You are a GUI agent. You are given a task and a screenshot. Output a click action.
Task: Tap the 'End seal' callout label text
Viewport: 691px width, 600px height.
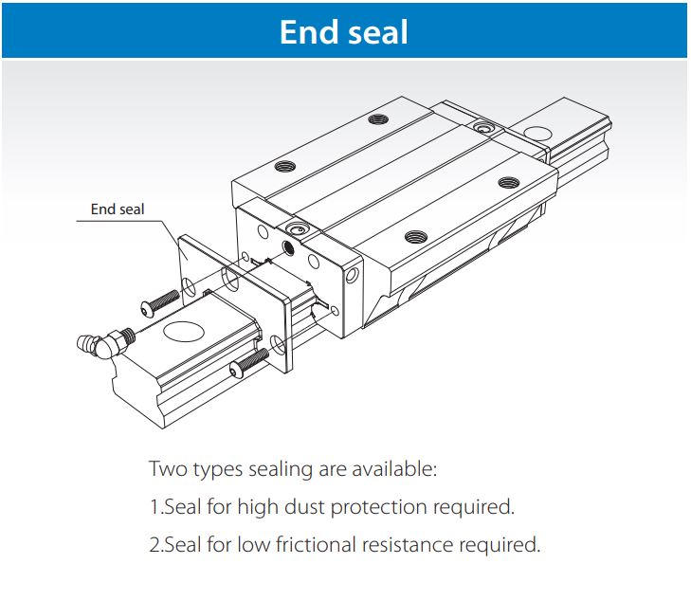coord(118,209)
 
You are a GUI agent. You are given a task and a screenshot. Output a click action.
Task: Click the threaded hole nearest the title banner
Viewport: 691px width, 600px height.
coord(379,118)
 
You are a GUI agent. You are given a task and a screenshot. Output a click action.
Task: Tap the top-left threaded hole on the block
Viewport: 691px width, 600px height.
coord(283,166)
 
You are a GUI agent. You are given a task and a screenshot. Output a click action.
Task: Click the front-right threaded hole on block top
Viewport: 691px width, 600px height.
coord(413,237)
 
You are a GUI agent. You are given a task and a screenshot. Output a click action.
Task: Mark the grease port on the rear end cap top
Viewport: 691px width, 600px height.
coord(484,126)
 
